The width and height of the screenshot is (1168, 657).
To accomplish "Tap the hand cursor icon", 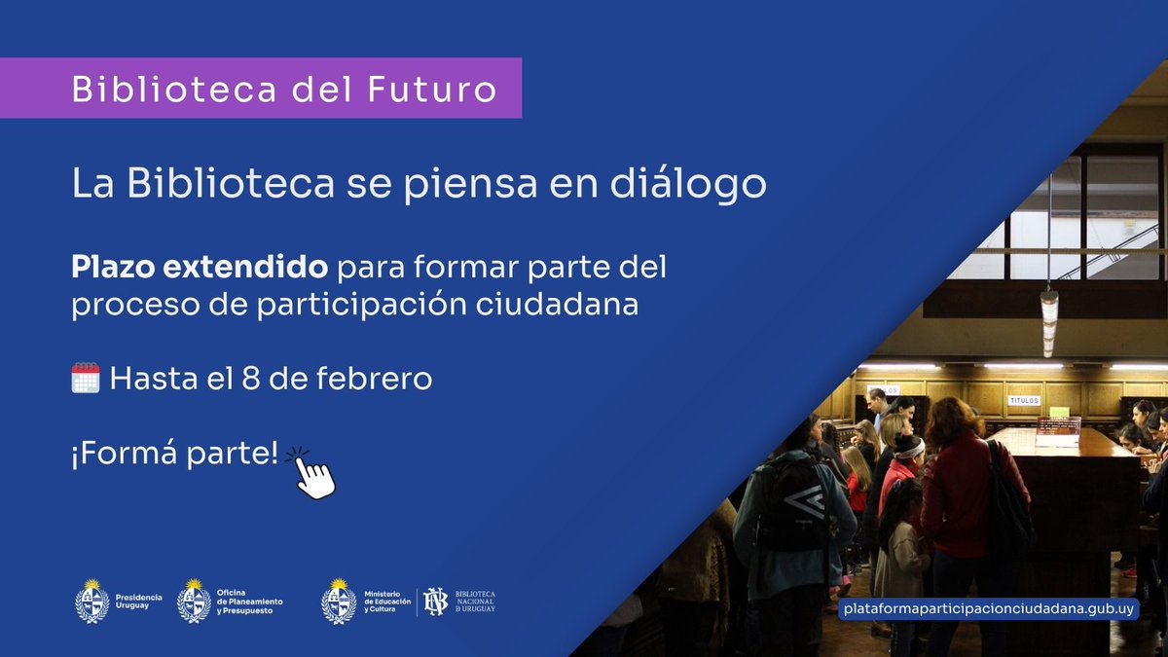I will pyautogui.click(x=313, y=474).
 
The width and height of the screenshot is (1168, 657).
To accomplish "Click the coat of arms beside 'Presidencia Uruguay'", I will pyautogui.click(x=92, y=601).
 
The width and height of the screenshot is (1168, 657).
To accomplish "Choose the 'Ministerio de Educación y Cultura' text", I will pyautogui.click(x=387, y=601).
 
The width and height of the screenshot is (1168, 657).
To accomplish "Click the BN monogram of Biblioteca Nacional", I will pyautogui.click(x=434, y=601).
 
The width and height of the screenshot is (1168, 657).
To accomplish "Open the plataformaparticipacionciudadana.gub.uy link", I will pyautogui.click(x=976, y=609).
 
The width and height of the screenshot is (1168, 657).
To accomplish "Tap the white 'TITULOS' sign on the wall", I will pyautogui.click(x=1023, y=400).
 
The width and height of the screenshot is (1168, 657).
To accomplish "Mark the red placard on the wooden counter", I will pyautogui.click(x=1058, y=425).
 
